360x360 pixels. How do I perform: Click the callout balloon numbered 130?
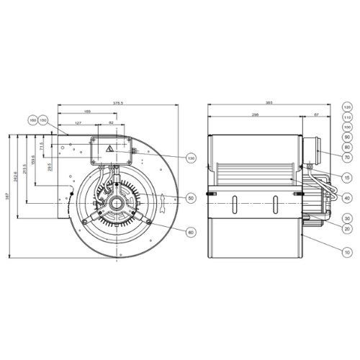(191, 158)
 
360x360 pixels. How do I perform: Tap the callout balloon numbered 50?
(191, 197)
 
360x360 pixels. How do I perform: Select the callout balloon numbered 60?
(191, 232)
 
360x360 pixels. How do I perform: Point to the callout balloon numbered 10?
(346, 253)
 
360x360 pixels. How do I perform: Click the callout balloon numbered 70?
(346, 157)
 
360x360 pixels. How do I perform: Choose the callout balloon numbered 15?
(346, 177)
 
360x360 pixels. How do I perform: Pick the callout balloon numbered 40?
(346, 198)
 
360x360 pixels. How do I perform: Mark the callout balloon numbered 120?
(346, 107)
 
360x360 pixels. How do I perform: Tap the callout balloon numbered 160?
(33, 120)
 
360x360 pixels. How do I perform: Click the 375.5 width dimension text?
(118, 103)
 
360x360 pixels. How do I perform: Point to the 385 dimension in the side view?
(270, 103)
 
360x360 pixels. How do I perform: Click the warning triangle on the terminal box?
(109, 149)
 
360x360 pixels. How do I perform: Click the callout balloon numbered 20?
(346, 228)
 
